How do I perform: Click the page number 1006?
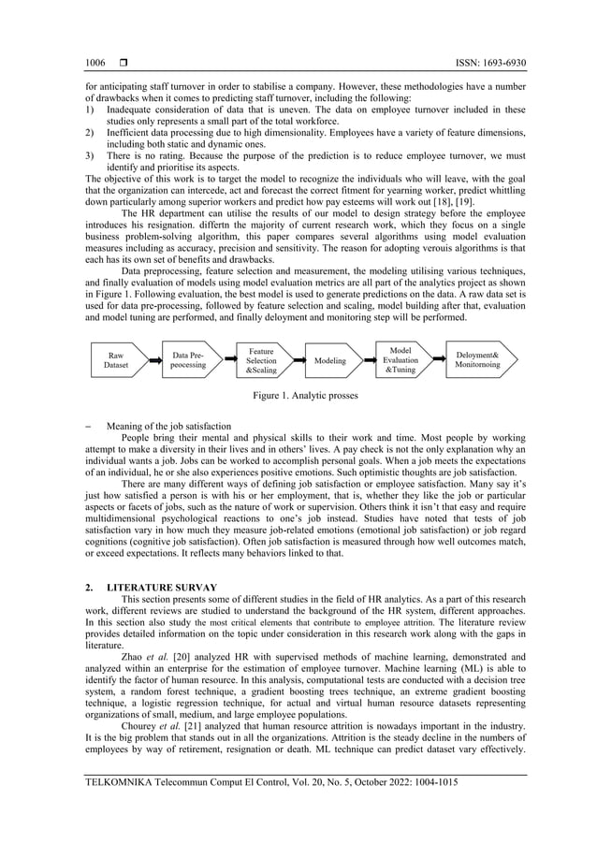(95, 63)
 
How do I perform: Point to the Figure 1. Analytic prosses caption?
(298, 396)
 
